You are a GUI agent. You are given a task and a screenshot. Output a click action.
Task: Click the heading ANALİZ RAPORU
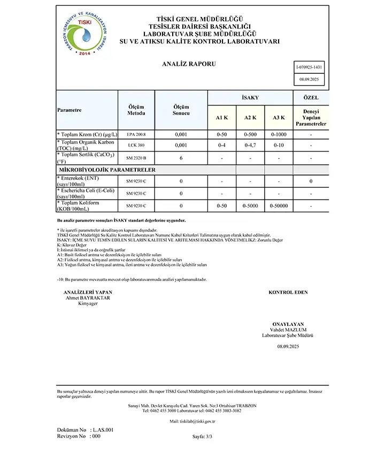pos(189,64)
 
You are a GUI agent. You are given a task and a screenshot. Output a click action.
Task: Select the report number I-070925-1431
pos(311,67)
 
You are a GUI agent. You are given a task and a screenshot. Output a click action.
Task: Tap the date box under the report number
pos(311,79)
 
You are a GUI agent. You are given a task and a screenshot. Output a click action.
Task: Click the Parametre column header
pos(70,110)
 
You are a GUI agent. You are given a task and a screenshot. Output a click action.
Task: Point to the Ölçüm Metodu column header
pos(136,110)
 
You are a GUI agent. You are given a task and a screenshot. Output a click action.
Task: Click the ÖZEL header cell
pos(311,98)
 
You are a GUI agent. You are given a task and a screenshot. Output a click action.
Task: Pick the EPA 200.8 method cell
pos(136,134)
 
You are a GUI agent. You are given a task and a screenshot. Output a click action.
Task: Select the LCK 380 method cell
pos(136,146)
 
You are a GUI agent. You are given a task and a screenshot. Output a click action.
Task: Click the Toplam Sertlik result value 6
pos(181,158)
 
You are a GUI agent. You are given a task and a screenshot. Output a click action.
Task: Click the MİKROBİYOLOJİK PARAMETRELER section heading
pos(107,169)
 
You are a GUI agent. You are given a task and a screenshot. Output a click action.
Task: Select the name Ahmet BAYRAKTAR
pos(88,298)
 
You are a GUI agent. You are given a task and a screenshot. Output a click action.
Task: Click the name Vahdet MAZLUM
pos(288,330)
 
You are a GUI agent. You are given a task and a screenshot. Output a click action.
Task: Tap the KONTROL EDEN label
pos(288,293)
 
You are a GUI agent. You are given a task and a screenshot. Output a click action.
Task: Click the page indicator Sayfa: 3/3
pos(203,437)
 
